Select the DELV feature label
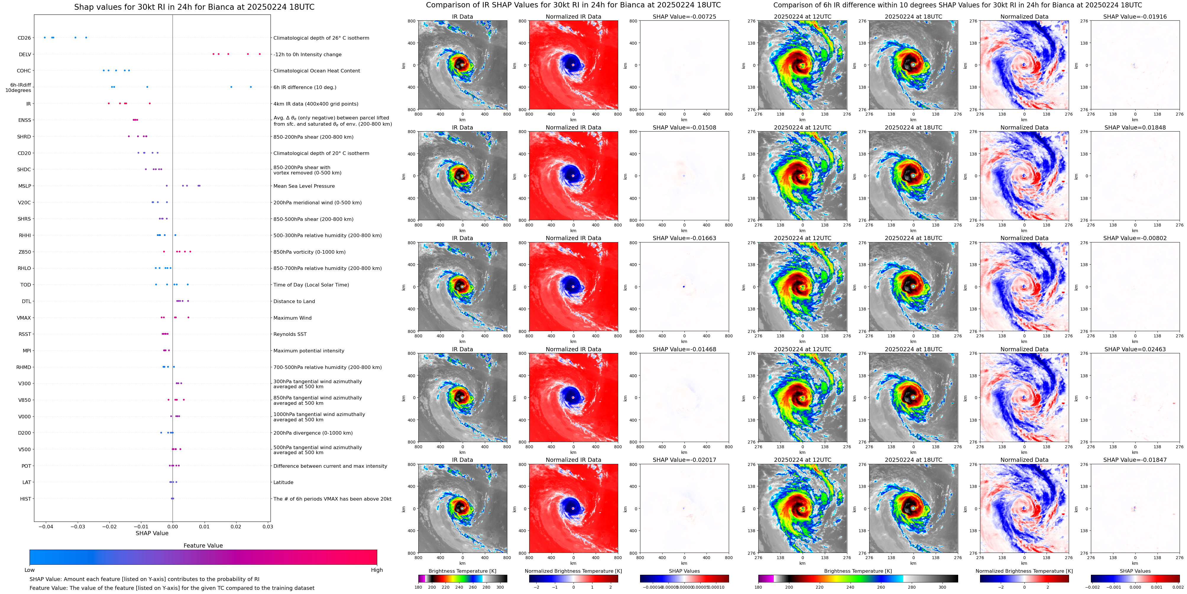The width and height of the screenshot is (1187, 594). pos(25,54)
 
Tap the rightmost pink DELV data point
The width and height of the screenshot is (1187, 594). pos(260,54)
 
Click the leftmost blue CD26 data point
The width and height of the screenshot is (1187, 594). pos(44,37)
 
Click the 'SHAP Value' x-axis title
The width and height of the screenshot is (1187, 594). pos(152,533)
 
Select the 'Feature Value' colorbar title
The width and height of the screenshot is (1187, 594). pos(203,546)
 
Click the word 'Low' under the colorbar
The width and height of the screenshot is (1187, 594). pos(30,570)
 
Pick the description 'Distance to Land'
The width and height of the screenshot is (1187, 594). pos(294,301)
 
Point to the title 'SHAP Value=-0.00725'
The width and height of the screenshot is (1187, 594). pos(684,17)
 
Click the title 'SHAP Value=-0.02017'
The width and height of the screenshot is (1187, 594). pos(684,460)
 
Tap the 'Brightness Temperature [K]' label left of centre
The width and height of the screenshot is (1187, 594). pos(462,571)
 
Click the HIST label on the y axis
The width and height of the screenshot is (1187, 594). pos(25,498)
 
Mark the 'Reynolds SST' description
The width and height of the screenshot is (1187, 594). pos(290,334)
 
